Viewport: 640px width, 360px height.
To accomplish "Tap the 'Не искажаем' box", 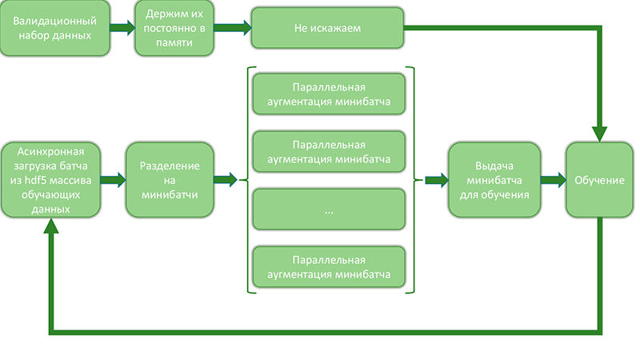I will [x=328, y=29].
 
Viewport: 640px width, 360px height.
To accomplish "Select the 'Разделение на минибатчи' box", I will [x=169, y=180].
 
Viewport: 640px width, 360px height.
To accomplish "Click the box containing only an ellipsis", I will [x=329, y=211].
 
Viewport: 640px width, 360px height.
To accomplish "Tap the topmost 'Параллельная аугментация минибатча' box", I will [x=329, y=93].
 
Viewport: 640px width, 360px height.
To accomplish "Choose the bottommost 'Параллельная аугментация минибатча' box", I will [x=329, y=268].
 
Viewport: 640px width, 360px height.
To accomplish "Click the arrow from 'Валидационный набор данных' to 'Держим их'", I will [x=122, y=29].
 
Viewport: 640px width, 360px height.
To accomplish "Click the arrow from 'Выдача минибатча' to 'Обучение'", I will [x=552, y=180].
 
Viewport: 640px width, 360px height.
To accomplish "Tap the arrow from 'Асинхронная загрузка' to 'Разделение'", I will [x=113, y=180].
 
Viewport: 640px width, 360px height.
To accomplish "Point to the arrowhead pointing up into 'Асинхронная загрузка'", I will [x=51, y=227].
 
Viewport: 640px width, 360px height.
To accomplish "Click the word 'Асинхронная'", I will [x=51, y=151].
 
